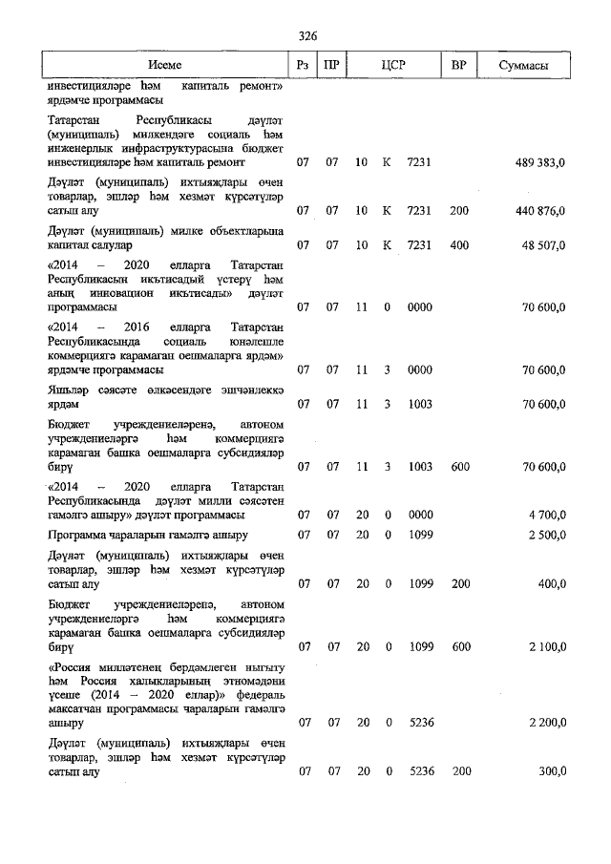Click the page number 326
click(x=306, y=35)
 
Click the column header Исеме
click(x=163, y=65)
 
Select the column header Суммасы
click(x=523, y=65)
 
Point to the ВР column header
click(x=459, y=65)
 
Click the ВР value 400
click(x=459, y=244)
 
